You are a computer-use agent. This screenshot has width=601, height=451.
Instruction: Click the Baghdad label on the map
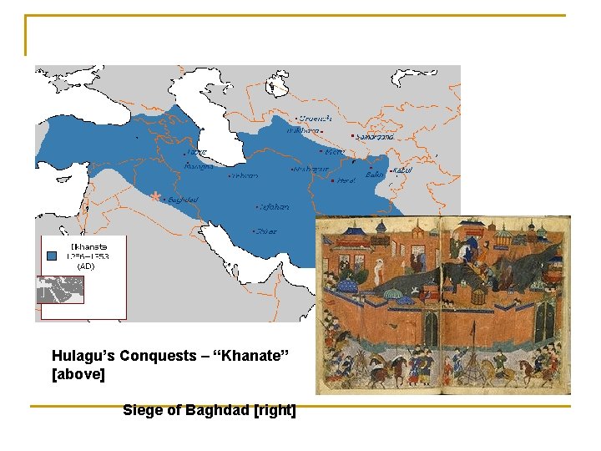pyautogui.click(x=183, y=200)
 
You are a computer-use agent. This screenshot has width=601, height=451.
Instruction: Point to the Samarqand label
pyautogui.click(x=374, y=136)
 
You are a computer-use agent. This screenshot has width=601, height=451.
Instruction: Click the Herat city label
pyautogui.click(x=346, y=180)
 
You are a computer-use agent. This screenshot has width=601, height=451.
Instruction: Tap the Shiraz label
pyautogui.click(x=267, y=231)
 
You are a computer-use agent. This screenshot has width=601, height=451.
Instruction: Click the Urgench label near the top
pyautogui.click(x=316, y=118)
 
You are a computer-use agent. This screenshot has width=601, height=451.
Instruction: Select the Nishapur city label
pyautogui.click(x=310, y=169)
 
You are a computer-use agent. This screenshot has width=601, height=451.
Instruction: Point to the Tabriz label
pyautogui.click(x=197, y=153)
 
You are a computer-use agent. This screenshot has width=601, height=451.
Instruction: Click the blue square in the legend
pyautogui.click(x=53, y=256)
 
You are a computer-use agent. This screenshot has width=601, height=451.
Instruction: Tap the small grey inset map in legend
pyautogui.click(x=61, y=289)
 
